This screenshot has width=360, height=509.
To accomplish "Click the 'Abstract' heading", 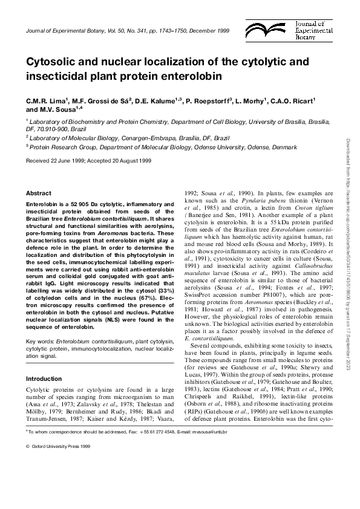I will [x=38, y=193].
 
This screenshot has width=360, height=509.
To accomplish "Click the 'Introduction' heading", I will [x=44, y=378].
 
